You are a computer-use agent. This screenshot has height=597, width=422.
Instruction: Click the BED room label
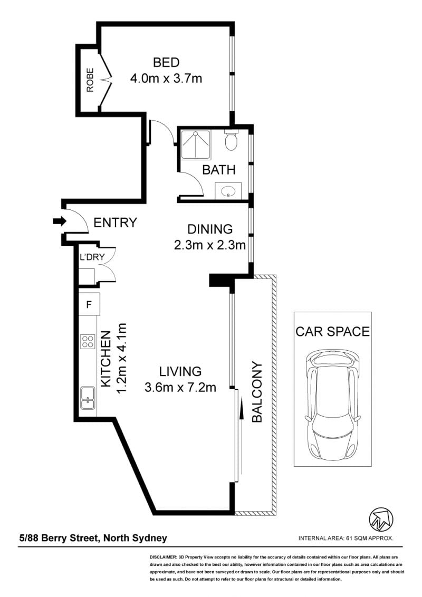pos(166,62)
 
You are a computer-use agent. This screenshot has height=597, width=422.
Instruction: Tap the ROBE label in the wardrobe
pos(90,80)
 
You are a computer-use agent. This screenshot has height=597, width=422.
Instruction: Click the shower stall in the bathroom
pos(195,145)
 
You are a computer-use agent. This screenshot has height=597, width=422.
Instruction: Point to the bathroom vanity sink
pos(228,190)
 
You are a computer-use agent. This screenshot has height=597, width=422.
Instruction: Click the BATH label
pos(218,170)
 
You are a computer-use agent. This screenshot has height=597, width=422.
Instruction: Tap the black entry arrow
pos(59,221)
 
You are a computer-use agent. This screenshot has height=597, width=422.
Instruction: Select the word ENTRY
pos(115,223)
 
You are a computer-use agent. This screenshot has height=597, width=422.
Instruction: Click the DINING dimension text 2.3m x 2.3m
pos(210,245)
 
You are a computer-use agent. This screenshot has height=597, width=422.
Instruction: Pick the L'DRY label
pos(92,257)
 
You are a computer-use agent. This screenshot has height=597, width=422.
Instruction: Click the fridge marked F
pos(89,304)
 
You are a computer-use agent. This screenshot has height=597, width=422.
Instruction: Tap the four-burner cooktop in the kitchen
pos(88,341)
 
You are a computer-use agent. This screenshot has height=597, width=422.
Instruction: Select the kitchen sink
pos(88,398)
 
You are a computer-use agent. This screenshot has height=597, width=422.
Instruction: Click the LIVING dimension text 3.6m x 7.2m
pos(180,388)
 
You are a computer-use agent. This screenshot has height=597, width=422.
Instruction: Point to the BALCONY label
pos(257,392)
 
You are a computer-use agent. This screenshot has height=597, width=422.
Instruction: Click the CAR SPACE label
pos(332,331)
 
